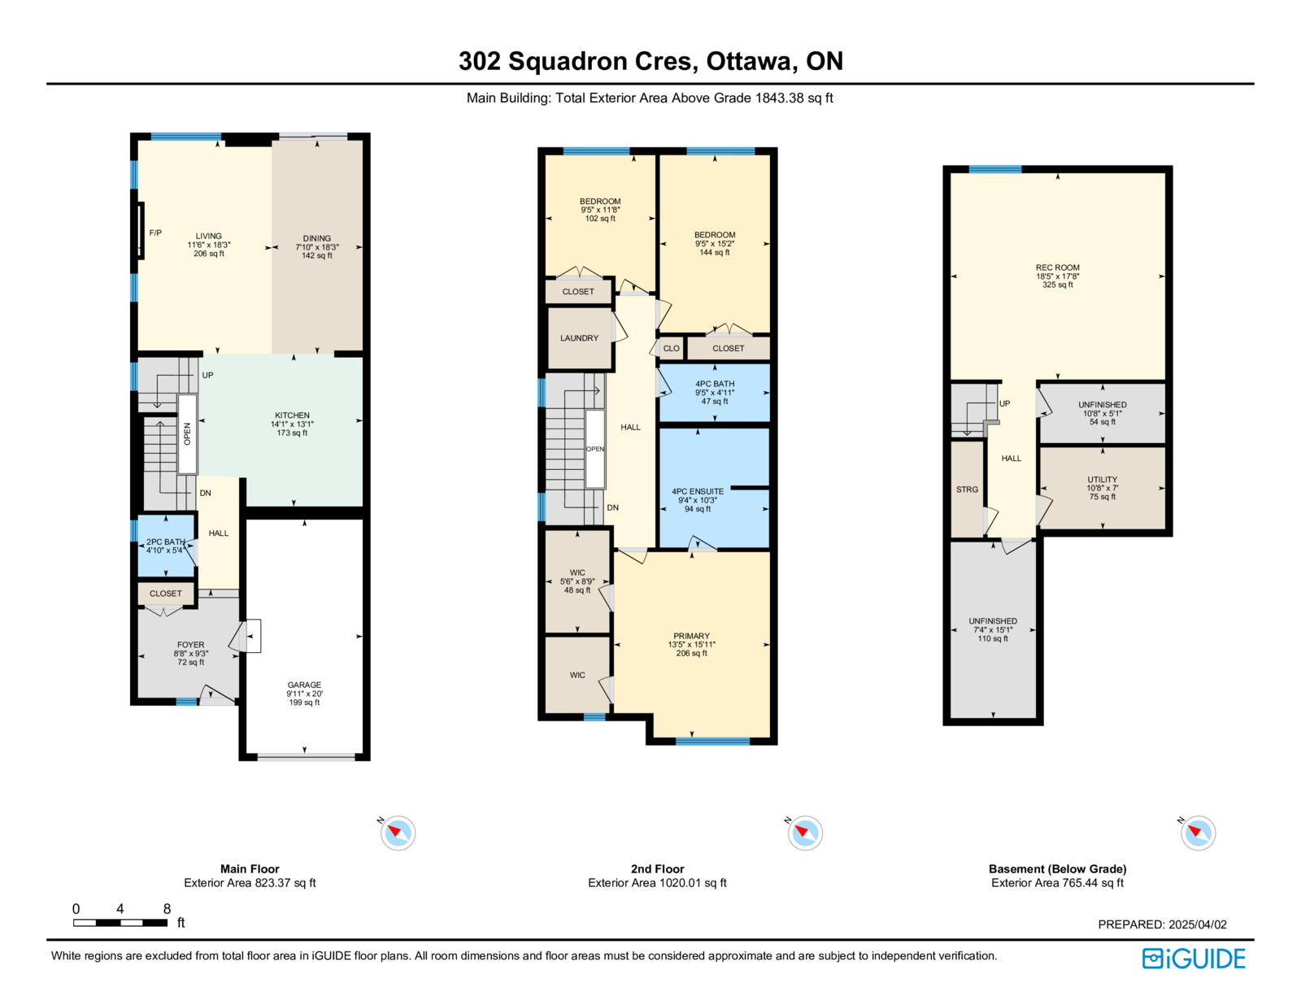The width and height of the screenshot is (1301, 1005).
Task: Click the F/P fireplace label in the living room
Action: [155, 233]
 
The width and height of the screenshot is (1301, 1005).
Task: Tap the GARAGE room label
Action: [304, 685]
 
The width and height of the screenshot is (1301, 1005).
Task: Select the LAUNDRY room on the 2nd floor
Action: [580, 338]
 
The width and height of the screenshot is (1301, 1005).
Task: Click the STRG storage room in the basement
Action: [967, 489]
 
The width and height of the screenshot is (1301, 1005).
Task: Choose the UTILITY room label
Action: [1103, 480]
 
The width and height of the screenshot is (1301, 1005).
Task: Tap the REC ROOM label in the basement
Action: [1058, 268]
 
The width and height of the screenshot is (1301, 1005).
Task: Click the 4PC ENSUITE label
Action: [698, 491]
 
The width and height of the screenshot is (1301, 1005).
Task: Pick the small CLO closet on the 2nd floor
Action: [671, 348]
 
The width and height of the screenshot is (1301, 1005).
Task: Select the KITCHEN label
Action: [292, 415]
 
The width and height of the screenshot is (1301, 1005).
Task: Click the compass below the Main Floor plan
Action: [398, 833]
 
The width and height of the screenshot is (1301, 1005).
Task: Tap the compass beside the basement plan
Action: [1198, 833]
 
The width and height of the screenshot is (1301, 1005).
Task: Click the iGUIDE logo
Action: [1194, 959]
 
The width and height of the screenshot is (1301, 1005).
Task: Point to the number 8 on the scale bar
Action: [167, 908]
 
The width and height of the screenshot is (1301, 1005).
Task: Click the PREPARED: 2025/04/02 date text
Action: [1162, 925]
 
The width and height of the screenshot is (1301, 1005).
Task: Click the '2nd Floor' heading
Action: [657, 868]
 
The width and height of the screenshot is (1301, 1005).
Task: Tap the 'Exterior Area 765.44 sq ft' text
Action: [1057, 883]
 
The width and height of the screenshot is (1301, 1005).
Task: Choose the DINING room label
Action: [317, 238]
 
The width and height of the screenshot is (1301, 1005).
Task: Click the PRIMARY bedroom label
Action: [691, 637]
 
